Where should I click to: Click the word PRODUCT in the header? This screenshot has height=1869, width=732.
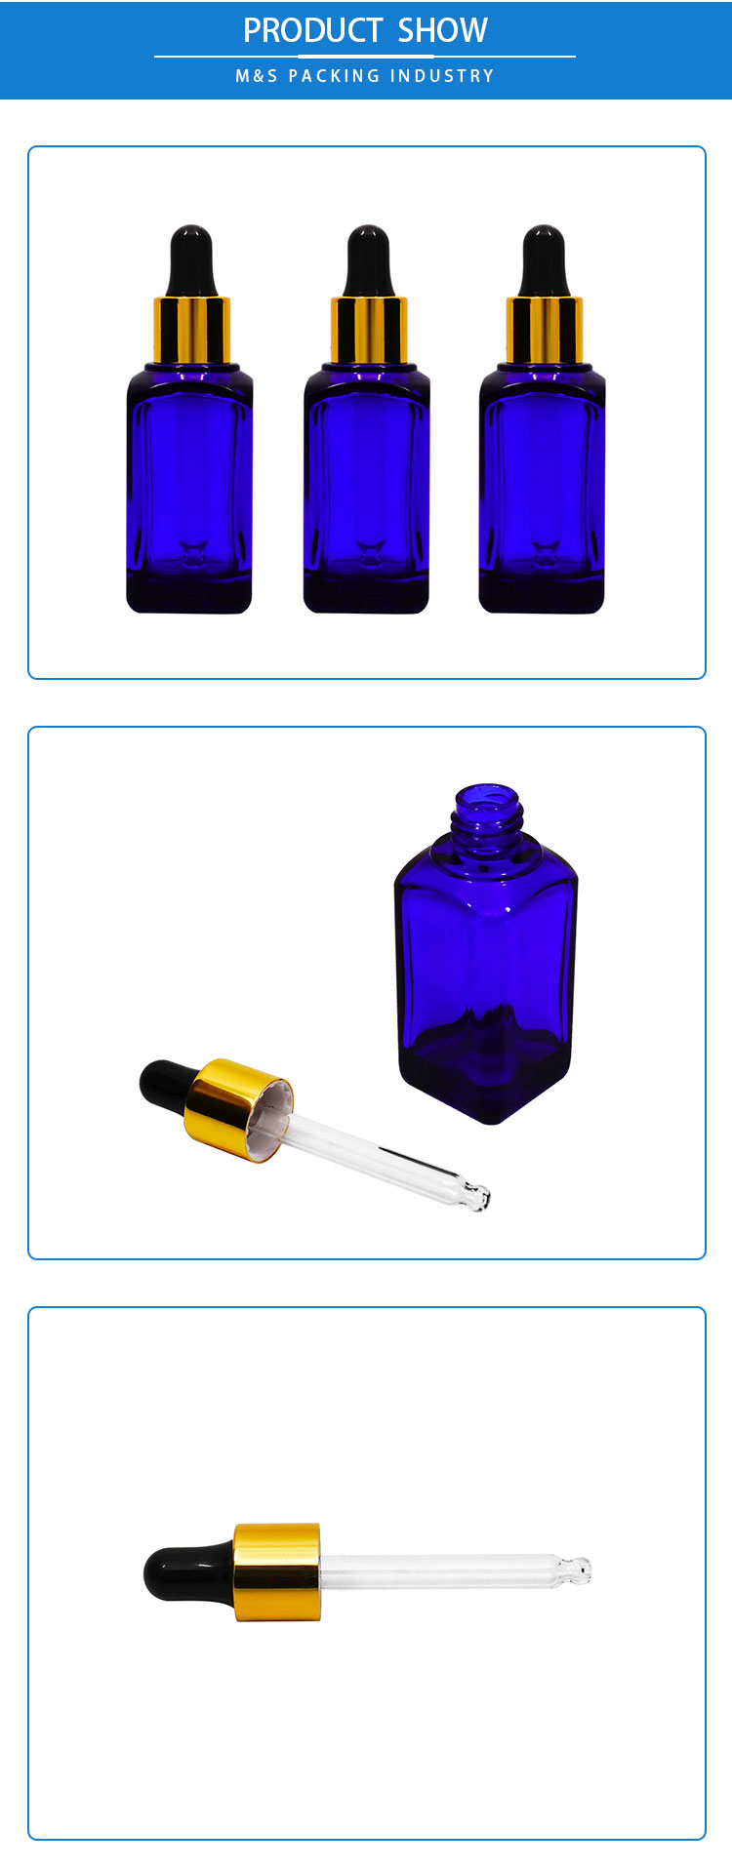(x=313, y=30)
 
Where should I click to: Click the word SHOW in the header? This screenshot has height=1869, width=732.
(x=443, y=30)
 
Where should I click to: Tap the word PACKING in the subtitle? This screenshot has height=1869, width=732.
(x=334, y=76)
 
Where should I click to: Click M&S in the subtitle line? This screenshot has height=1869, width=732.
(x=257, y=76)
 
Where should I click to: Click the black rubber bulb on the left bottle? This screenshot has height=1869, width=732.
(x=190, y=260)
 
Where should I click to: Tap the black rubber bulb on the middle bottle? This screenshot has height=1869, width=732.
(x=368, y=260)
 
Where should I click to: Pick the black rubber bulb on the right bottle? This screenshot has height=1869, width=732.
(x=543, y=260)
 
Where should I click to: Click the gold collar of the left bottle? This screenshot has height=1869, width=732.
(x=191, y=330)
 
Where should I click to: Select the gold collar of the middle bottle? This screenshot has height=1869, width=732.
(x=368, y=330)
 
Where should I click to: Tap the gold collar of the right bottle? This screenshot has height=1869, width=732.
(x=544, y=330)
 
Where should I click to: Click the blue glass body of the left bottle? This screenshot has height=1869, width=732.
(x=189, y=488)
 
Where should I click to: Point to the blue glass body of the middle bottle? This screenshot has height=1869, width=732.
(x=366, y=488)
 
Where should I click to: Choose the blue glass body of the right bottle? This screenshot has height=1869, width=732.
(x=542, y=488)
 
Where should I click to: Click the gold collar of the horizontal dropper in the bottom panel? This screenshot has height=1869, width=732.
(x=278, y=1571)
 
